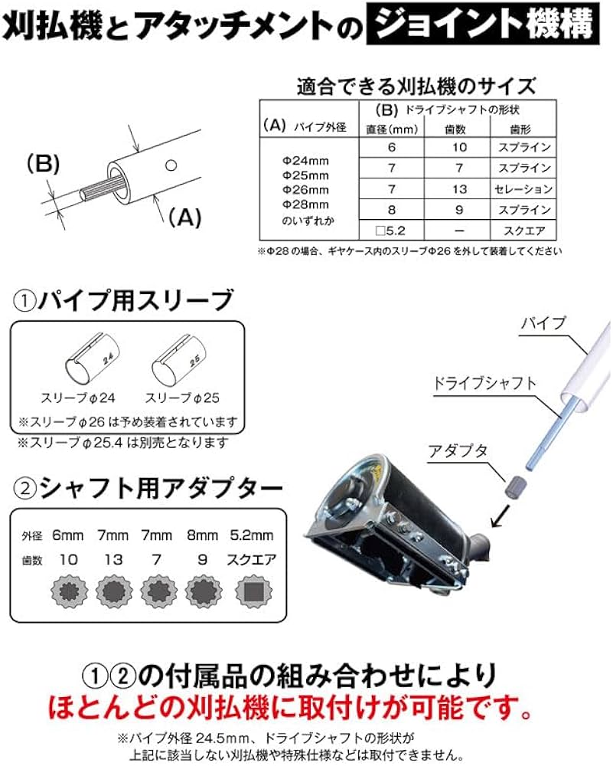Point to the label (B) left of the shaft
click(44, 165)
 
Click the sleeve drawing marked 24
click(89, 360)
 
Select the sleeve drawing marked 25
click(178, 360)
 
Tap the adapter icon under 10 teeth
click(68, 591)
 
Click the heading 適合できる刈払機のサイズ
click(416, 85)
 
